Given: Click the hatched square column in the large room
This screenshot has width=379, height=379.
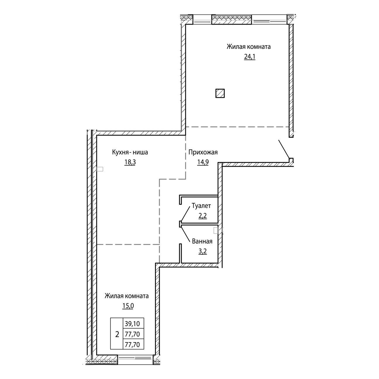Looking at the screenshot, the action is (220, 93).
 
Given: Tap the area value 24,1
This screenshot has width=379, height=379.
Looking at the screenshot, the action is (249, 57).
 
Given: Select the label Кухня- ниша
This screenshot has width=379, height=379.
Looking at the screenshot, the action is (130, 152).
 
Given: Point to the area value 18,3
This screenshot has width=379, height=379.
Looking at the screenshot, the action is (130, 162).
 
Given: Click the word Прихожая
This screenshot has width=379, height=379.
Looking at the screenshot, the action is (203, 152).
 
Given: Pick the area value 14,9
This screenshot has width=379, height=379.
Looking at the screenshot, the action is (203, 162).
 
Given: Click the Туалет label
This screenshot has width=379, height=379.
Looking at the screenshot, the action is (201, 206).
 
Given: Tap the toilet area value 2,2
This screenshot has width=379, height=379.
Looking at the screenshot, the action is (203, 216).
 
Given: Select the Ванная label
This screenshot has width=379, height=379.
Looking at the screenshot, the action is (202, 241).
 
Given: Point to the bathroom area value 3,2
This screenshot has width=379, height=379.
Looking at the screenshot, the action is (203, 251).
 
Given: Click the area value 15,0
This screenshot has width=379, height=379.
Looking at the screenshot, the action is (128, 306).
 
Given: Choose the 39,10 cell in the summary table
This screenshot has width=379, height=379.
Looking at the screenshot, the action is (132, 323).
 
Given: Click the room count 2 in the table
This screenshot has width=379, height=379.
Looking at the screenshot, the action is (117, 334).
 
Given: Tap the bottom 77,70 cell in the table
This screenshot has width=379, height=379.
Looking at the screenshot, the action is (132, 344).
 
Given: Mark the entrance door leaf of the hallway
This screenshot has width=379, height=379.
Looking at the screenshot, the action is (284, 149).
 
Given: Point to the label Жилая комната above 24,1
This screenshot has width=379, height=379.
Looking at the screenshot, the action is (249, 46).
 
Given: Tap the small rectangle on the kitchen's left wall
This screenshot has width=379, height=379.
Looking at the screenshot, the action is (100, 169).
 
